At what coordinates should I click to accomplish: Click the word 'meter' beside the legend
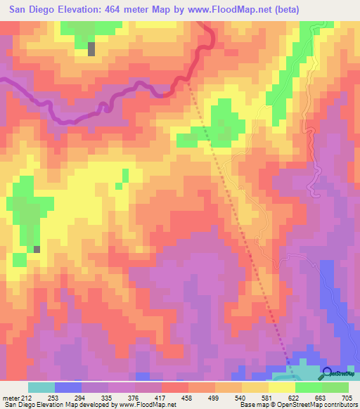13,397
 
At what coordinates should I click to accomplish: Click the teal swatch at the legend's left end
41,387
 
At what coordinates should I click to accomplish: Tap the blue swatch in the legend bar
68,387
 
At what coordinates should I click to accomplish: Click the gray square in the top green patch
91,48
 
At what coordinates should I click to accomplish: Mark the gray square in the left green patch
37,249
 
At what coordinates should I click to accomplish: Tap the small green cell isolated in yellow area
125,175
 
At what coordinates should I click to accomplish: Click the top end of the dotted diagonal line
189,83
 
